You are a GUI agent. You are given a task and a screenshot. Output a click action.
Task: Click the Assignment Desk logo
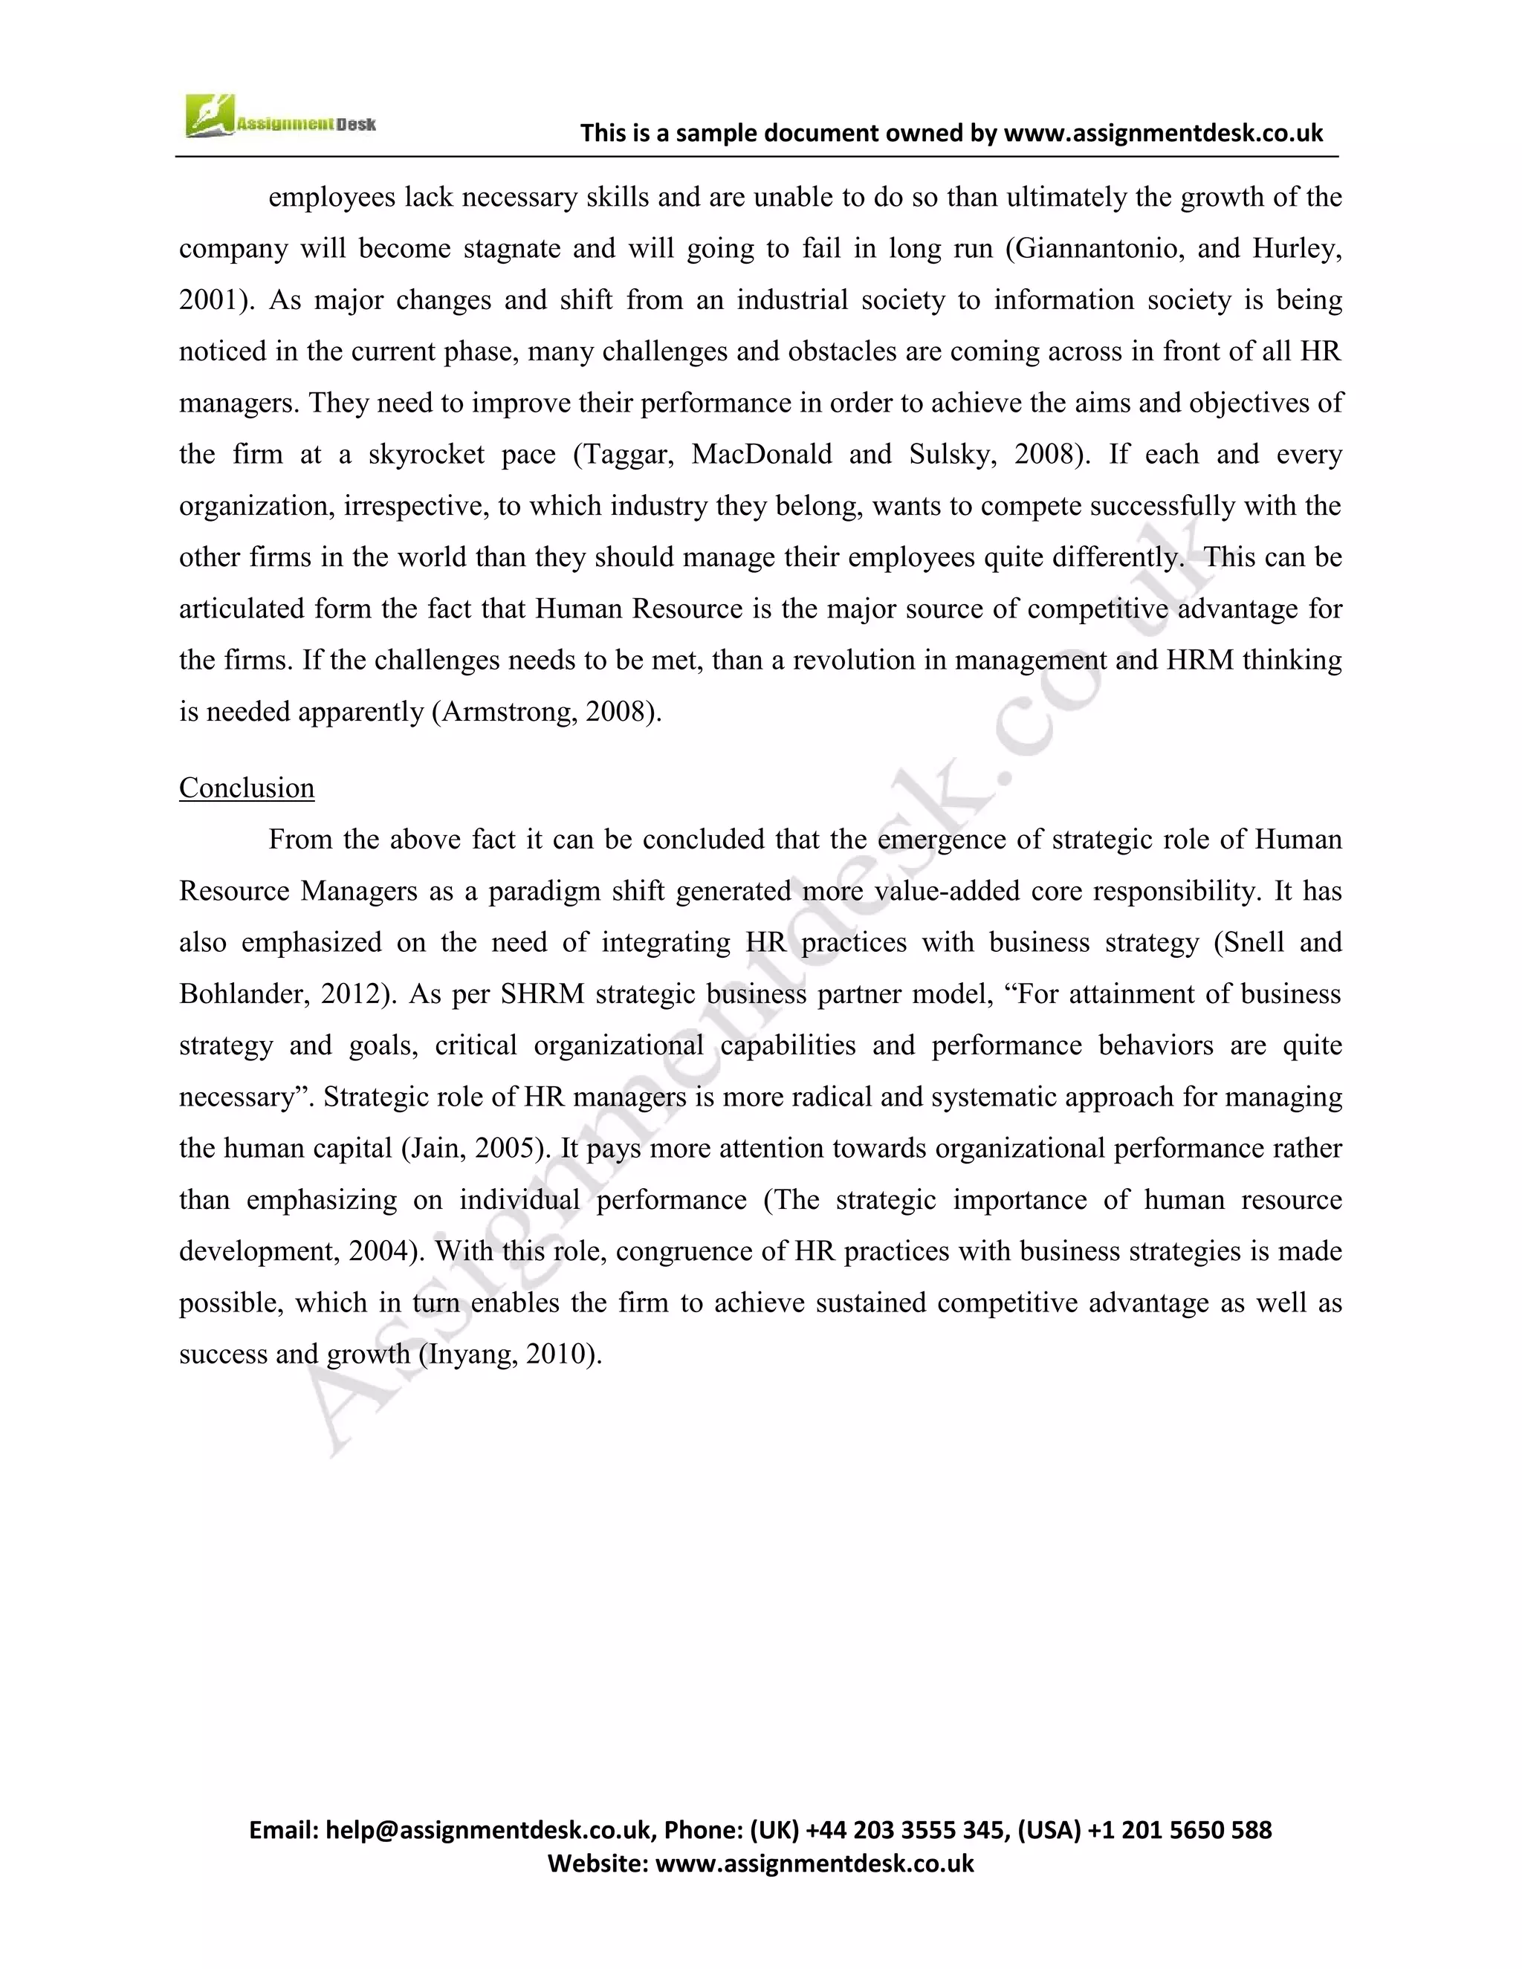click(x=279, y=118)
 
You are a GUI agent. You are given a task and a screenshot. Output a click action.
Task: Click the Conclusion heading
click(x=246, y=788)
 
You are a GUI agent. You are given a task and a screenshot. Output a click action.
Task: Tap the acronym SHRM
click(x=542, y=993)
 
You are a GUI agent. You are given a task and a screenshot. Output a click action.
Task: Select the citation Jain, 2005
click(x=474, y=1148)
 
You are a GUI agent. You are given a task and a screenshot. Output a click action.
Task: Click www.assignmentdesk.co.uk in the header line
click(x=1162, y=134)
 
